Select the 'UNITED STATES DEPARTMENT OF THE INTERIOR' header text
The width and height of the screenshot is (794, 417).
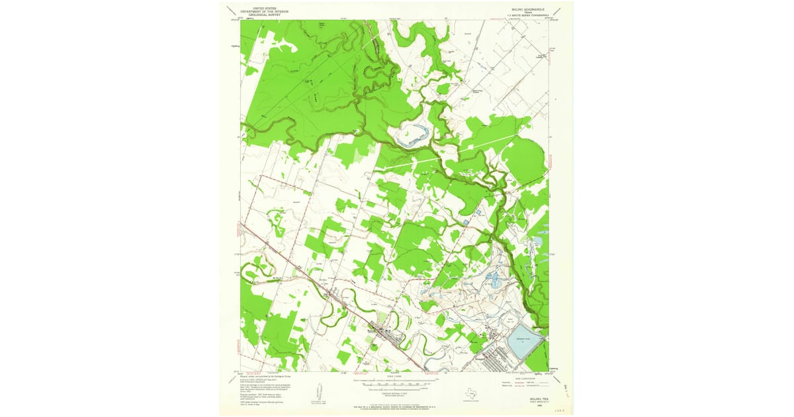[259, 11]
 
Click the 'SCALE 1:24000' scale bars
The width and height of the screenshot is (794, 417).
[396, 382]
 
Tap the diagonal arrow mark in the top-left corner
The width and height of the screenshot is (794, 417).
[230, 11]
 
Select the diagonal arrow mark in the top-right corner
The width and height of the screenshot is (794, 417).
[556, 11]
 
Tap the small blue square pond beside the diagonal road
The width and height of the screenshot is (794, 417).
[468, 220]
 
